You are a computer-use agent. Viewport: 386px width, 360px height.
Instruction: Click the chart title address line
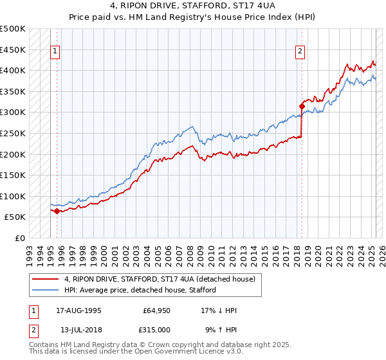(x=192, y=6)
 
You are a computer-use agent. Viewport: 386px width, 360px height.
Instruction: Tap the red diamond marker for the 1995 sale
(x=57, y=211)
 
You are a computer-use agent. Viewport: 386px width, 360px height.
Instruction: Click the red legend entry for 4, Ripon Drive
(x=160, y=279)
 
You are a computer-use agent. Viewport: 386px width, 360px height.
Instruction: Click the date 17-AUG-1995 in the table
(x=79, y=310)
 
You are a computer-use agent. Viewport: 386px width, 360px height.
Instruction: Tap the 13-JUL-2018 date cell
(x=79, y=329)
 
